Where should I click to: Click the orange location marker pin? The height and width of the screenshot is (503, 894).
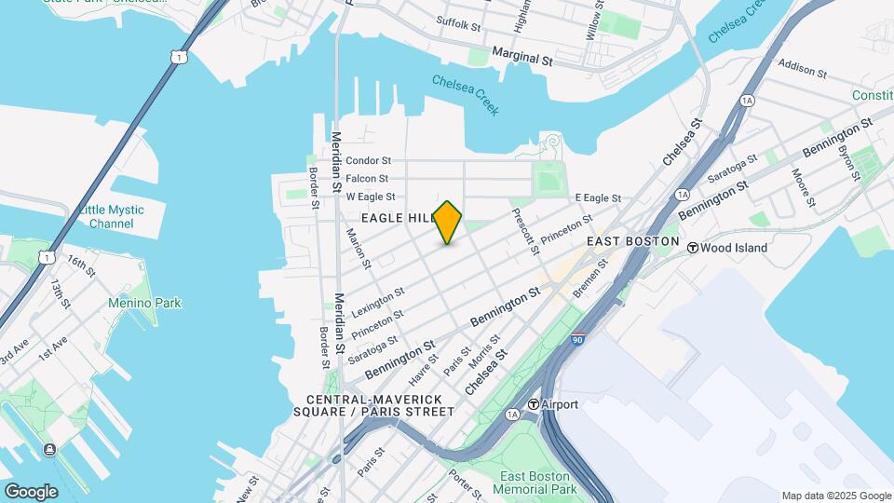click(448, 223)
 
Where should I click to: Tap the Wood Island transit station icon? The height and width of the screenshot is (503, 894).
click(693, 248)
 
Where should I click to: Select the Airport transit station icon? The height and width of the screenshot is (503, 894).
click(535, 404)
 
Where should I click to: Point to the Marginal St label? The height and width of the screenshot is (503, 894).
click(522, 57)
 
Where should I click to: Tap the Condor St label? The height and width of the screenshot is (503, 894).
click(368, 160)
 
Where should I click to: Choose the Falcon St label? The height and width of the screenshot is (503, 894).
click(367, 178)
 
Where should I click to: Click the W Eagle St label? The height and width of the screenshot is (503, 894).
click(371, 197)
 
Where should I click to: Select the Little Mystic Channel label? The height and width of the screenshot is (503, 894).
click(112, 217)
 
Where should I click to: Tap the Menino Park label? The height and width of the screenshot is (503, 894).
click(144, 303)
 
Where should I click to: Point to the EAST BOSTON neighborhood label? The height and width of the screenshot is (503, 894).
click(633, 241)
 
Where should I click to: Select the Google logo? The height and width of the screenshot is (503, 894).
click(31, 491)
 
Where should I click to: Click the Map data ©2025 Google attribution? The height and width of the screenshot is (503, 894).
click(835, 496)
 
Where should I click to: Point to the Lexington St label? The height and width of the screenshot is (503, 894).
click(378, 300)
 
